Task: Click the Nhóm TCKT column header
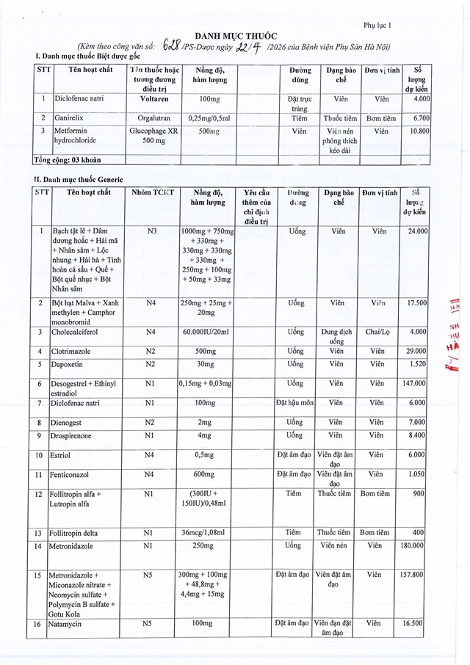coord(152,192)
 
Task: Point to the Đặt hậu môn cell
coord(294,402)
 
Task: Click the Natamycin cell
coord(66,623)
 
